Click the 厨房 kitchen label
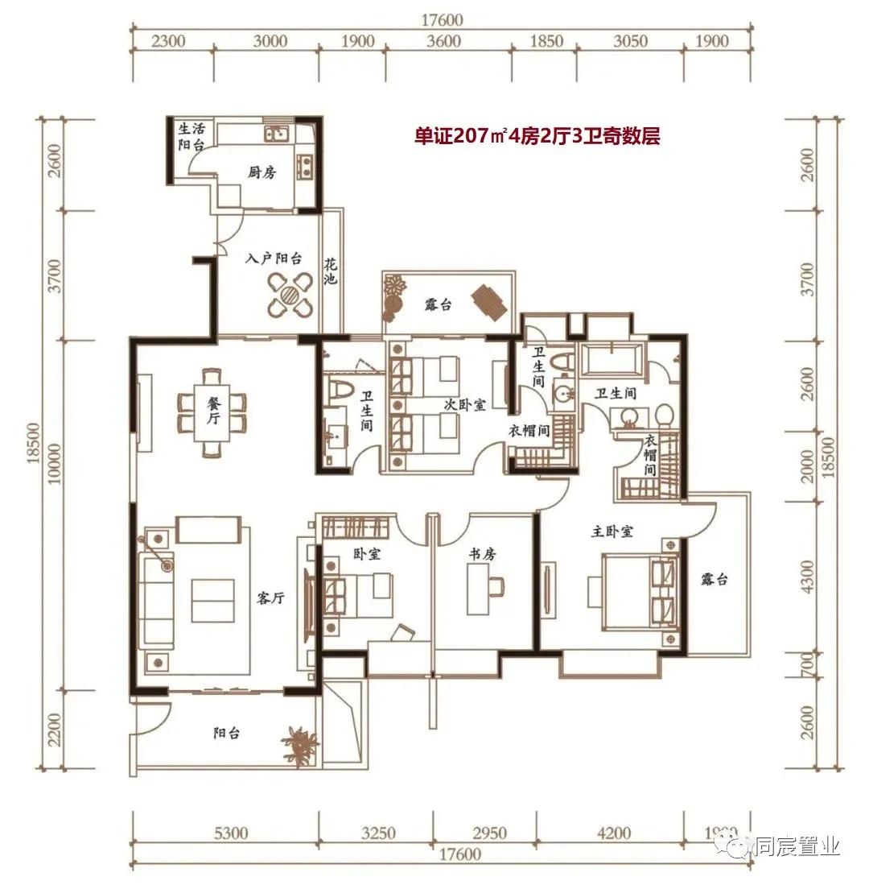click(262, 172)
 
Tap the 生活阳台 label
click(192, 137)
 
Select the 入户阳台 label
click(274, 258)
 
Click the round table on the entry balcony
click(290, 295)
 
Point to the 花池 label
click(331, 271)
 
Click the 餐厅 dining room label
click(213, 411)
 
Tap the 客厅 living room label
click(270, 598)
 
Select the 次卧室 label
click(464, 404)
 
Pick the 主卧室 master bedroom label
click(612, 531)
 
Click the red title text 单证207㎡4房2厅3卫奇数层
click(537, 136)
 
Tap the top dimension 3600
click(444, 40)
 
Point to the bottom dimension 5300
click(231, 833)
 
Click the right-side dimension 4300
click(808, 577)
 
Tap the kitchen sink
click(276, 134)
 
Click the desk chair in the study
click(496, 585)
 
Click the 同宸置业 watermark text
click(798, 846)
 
